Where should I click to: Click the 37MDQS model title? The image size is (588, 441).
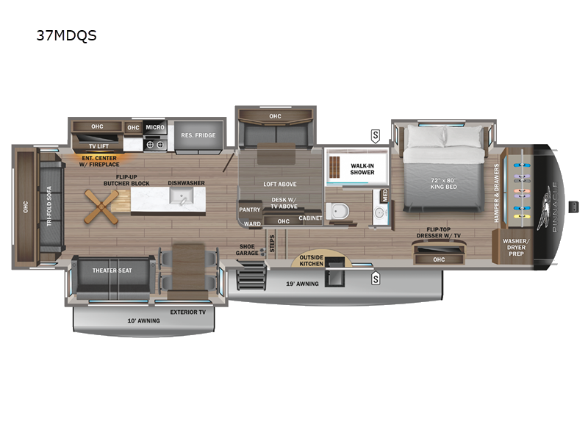pos(66,35)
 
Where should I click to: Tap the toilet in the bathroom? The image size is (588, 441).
pos(337,211)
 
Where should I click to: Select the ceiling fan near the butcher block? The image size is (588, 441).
pos(101,207)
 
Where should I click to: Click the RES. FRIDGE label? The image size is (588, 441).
pos(198,135)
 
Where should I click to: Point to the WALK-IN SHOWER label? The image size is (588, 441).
pos(362,169)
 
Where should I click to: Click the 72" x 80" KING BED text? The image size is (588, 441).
pos(443,183)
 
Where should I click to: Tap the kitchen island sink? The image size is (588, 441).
pos(182,196)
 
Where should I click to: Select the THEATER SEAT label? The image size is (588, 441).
pos(112,270)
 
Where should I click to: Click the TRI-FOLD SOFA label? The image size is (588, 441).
pos(49,207)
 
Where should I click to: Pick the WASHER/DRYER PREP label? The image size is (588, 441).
pos(516,248)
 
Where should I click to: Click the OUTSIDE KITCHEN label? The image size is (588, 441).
pos(311,261)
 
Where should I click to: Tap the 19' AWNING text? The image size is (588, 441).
pos(302,284)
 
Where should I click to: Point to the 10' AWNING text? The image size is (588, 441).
pos(143,320)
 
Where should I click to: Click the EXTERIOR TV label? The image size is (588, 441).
pos(188,312)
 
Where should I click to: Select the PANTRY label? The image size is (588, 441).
pos(250,209)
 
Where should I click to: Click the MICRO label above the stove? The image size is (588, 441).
pos(155,127)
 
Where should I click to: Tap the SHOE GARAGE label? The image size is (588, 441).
pos(247,250)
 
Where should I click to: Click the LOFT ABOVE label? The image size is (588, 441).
pos(280,184)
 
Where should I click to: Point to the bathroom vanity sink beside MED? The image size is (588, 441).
pos(380,213)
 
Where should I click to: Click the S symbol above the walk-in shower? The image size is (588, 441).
pos(376,136)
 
